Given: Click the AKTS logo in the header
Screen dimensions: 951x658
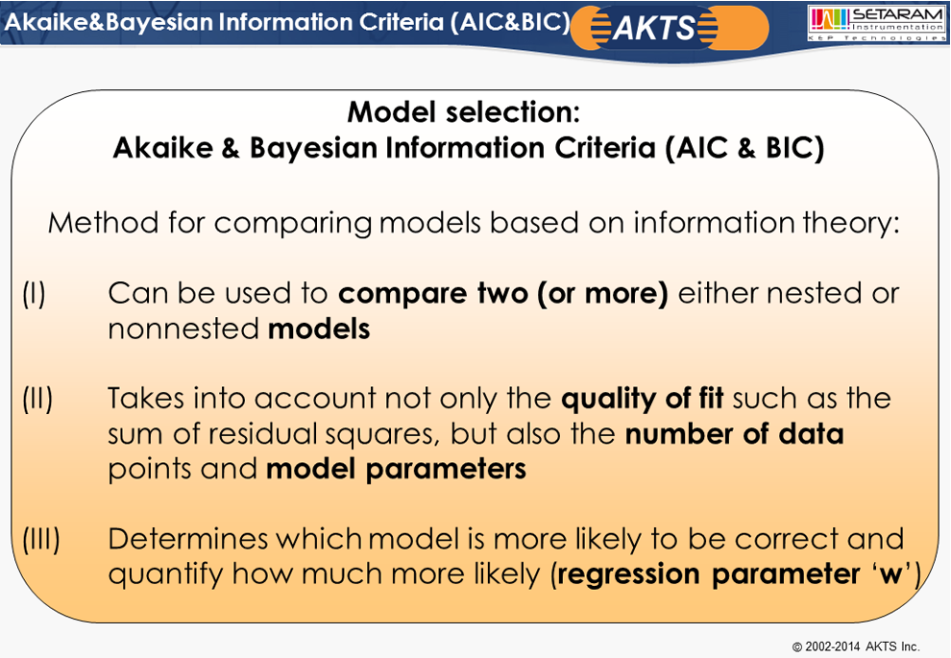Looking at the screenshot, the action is click(x=670, y=27).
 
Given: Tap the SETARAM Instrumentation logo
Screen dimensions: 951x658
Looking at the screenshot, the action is click(x=877, y=23).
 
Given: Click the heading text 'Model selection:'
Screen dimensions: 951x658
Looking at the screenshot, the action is click(x=464, y=111).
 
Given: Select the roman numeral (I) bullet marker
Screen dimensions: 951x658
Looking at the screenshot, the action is click(x=34, y=294).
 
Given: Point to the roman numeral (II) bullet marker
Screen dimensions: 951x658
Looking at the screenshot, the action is click(x=37, y=399).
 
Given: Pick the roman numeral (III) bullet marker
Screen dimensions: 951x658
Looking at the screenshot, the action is click(x=41, y=539).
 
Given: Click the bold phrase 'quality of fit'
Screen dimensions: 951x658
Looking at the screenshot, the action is click(x=643, y=399).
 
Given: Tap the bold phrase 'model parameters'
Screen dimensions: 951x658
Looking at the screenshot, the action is click(x=396, y=469).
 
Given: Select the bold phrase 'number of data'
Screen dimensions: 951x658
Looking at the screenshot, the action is click(x=735, y=433).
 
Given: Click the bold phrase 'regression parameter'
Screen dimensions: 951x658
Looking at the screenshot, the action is click(x=708, y=574).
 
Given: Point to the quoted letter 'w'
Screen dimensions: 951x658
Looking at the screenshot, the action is click(x=890, y=573).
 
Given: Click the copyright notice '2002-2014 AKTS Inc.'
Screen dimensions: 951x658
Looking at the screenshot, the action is click(x=857, y=646).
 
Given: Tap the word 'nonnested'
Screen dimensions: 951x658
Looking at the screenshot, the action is click(x=183, y=329).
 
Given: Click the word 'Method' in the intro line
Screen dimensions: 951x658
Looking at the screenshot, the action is click(x=104, y=223).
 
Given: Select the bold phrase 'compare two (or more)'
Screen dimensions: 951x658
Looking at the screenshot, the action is click(x=502, y=294).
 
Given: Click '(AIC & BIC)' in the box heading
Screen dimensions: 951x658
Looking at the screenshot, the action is click(x=744, y=148).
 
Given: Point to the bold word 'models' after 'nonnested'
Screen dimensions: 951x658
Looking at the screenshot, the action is click(x=319, y=329).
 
